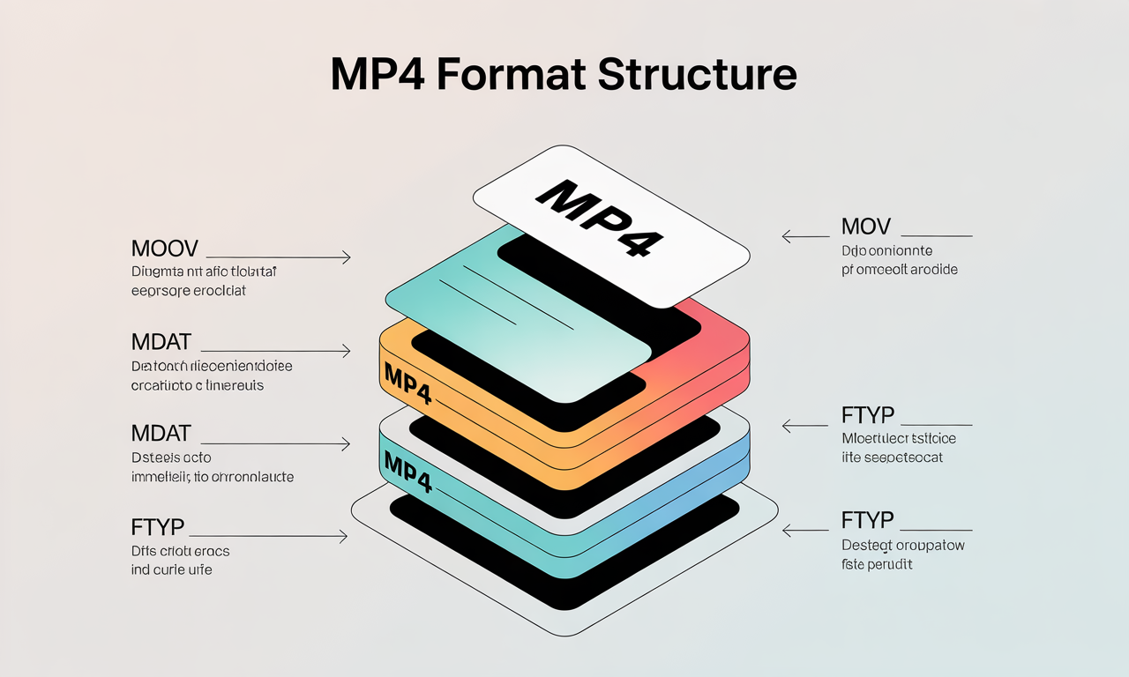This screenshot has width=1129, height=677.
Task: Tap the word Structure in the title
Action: pyautogui.click(x=697, y=75)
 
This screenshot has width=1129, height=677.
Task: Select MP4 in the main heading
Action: pyautogui.click(x=378, y=75)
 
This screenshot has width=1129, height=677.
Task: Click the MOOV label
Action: pyautogui.click(x=164, y=248)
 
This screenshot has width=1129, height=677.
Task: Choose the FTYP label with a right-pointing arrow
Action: pyautogui.click(x=158, y=527)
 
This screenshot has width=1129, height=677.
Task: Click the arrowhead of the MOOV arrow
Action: pyautogui.click(x=347, y=257)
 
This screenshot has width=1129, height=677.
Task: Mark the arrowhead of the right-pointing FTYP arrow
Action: pyautogui.click(x=344, y=535)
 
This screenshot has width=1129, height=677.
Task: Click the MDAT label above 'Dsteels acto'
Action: pyautogui.click(x=161, y=433)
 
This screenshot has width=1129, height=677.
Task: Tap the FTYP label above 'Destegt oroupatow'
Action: pyautogui.click(x=868, y=520)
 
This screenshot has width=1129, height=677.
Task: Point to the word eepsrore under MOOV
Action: pyautogui.click(x=159, y=290)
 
